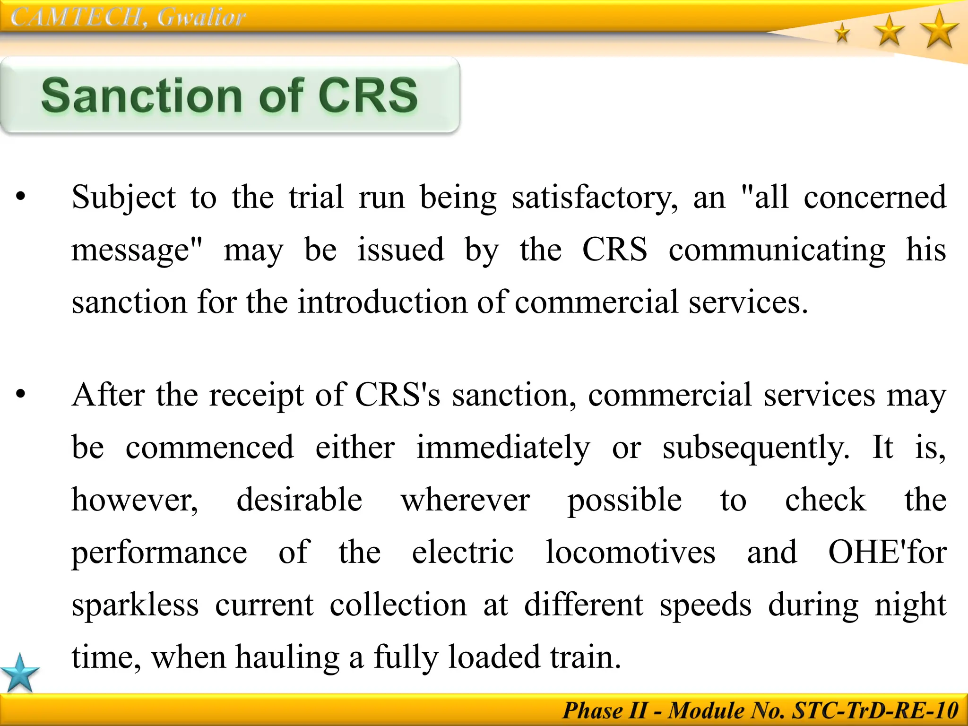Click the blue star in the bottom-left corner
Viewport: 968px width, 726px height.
pyautogui.click(x=19, y=674)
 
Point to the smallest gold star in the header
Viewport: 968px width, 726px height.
pyautogui.click(x=842, y=34)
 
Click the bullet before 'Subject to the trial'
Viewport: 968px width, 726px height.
pyautogui.click(x=20, y=196)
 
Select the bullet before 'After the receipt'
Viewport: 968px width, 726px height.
pyautogui.click(x=20, y=394)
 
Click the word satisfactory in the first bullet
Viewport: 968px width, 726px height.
pyautogui.click(x=594, y=198)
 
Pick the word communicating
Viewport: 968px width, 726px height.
pyautogui.click(x=777, y=250)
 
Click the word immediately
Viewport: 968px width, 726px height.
pyautogui.click(x=503, y=448)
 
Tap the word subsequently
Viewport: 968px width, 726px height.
pyautogui.click(x=755, y=448)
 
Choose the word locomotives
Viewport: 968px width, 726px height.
pyautogui.click(x=630, y=552)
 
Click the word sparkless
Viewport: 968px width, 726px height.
pyautogui.click(x=135, y=605)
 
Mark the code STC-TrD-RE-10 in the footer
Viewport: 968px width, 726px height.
pyautogui.click(x=875, y=710)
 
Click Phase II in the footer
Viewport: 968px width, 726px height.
pyautogui.click(x=605, y=710)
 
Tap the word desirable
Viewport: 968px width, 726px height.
pyautogui.click(x=299, y=500)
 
